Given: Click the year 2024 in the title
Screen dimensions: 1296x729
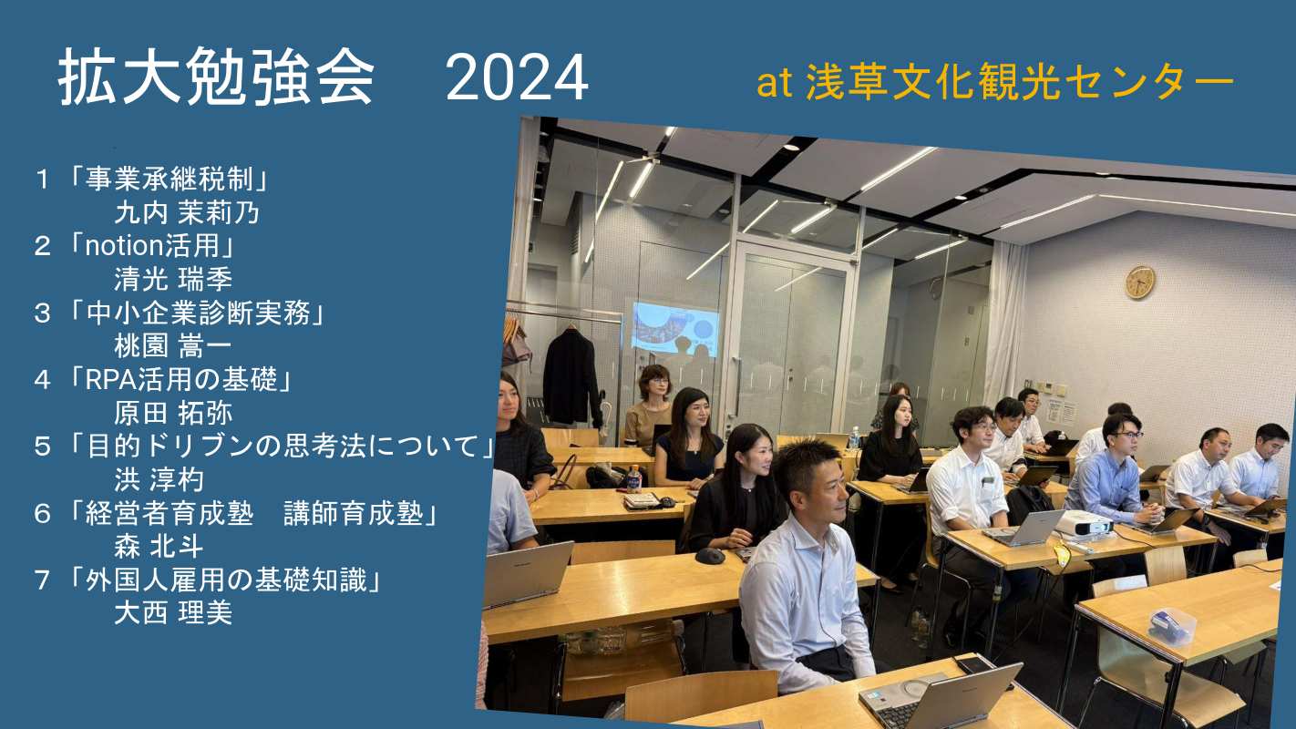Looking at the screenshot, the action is click(517, 77).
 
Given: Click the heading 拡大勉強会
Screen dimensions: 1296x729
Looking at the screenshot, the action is click(216, 77).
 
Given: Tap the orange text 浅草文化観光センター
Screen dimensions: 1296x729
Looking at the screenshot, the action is click(1020, 82).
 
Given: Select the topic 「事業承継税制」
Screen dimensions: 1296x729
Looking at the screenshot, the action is click(169, 179).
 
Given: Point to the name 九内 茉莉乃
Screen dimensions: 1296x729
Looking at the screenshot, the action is click(187, 212).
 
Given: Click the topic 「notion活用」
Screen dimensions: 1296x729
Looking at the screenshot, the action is click(151, 246).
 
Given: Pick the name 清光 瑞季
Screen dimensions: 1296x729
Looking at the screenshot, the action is click(173, 279).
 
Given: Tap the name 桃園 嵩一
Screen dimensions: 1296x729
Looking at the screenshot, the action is click(173, 346).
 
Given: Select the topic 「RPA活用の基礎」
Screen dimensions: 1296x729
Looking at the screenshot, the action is click(180, 380).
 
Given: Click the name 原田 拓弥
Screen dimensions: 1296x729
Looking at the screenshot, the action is click(173, 413).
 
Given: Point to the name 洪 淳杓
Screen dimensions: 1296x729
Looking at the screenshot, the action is click(159, 479).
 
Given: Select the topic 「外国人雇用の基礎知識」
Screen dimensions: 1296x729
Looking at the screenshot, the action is click(224, 580).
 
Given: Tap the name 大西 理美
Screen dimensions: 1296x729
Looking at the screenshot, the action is click(173, 612).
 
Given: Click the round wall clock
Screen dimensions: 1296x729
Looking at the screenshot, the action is click(1140, 282).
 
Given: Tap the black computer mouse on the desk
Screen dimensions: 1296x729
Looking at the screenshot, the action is click(709, 556).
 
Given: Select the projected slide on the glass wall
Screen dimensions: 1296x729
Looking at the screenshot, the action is click(675, 329).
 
